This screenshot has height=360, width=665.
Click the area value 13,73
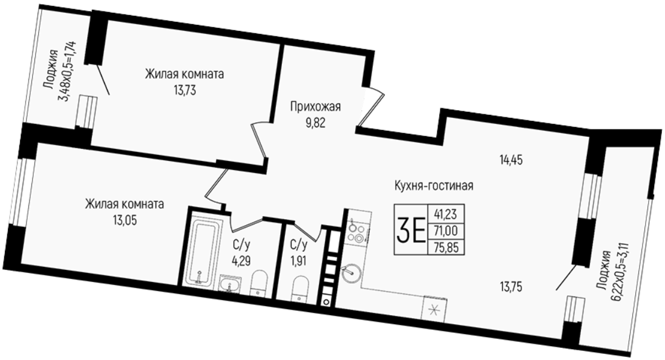pyautogui.click(x=184, y=91)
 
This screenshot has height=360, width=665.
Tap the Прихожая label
pyautogui.click(x=315, y=107)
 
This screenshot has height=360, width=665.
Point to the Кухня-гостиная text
pyautogui.click(x=433, y=186)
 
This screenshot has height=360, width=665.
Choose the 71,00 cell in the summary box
pyautogui.click(x=445, y=231)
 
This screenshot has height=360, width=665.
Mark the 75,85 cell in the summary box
pyautogui.click(x=445, y=247)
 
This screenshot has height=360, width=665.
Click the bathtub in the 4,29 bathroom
pyautogui.click(x=203, y=249)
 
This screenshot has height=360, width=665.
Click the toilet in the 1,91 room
pyautogui.click(x=301, y=289)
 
